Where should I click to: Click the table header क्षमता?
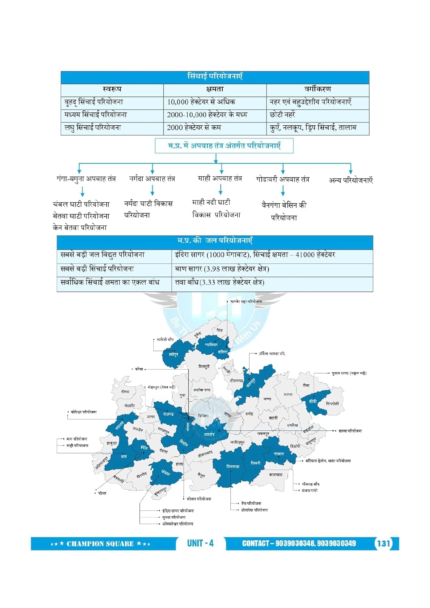point(215,89)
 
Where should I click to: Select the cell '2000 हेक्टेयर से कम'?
point(194,128)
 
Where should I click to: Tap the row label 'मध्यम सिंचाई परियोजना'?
point(95,115)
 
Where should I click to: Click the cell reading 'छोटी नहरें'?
point(282,115)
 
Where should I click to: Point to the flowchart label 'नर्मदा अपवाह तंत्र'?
point(152,178)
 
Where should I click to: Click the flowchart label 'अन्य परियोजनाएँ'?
point(350,180)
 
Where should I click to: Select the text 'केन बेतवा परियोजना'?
point(80,227)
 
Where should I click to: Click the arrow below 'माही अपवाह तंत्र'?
point(221,189)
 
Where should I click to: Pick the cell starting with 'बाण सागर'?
point(222,269)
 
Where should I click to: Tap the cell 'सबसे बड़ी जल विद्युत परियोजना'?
point(102,255)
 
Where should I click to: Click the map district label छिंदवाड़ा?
point(233,467)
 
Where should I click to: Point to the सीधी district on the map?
point(313,401)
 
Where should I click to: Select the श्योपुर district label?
point(173,355)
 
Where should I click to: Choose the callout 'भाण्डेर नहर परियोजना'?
point(246,302)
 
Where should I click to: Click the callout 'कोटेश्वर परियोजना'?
point(84,412)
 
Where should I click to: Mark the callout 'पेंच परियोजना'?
point(251,503)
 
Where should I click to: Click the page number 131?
point(384,544)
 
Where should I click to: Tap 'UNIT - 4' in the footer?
point(200,543)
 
